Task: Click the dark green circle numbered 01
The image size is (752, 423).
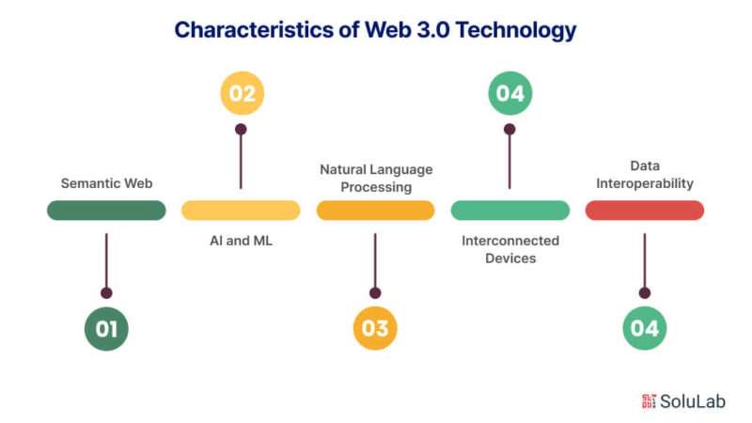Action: pos(106,328)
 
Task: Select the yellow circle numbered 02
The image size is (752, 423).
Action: pos(243,93)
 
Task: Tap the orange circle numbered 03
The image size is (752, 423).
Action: pos(375,328)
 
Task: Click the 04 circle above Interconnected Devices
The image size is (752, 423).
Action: pos(510,93)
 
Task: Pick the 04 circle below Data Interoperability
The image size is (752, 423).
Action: pos(645,328)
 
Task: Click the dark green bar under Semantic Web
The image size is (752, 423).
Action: pos(106,211)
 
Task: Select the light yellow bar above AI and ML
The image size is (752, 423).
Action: pos(241,211)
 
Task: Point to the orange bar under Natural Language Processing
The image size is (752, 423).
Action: pos(375,211)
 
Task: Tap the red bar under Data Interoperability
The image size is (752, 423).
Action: pos(645,211)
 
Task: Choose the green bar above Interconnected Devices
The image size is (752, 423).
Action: pos(510,211)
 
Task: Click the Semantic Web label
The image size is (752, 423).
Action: pos(106,183)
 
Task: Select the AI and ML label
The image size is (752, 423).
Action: pos(242,241)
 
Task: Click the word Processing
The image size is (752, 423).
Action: pos(376,187)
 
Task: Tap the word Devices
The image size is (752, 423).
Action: pos(510,258)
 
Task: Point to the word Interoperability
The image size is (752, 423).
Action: pos(645,183)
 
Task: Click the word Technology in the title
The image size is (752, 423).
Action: pos(515,30)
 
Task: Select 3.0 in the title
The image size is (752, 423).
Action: pos(433,30)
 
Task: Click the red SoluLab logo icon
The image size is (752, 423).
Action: pos(649,401)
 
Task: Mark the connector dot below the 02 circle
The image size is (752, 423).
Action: pos(241,129)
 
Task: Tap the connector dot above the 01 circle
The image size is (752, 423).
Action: pos(106,293)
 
